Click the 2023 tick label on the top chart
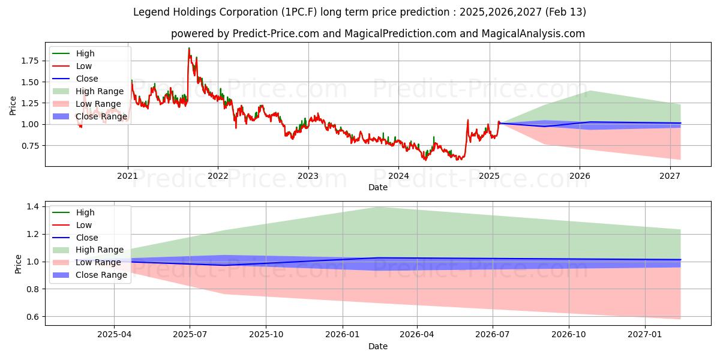point(308,176)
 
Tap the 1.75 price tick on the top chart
point(30,61)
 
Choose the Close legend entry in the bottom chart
point(87,238)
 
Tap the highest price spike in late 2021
point(189,48)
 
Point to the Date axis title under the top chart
point(378,187)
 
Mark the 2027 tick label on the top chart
point(670,176)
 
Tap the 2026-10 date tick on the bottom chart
point(569,335)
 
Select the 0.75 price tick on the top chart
point(30,146)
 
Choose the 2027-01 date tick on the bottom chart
point(645,335)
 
